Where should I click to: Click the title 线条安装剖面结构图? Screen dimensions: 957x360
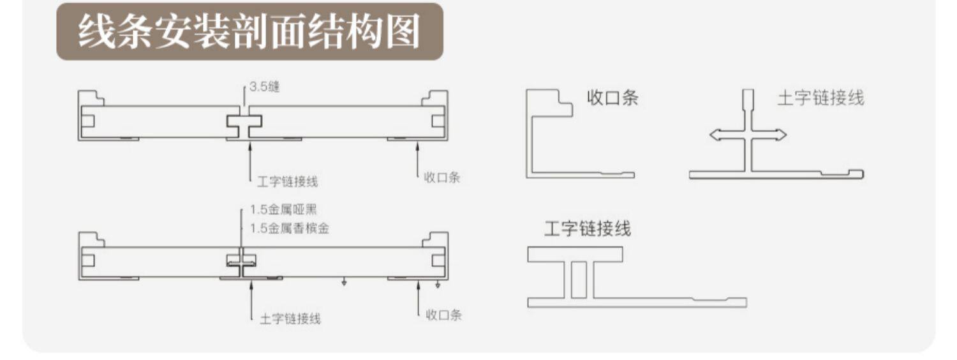(249, 32)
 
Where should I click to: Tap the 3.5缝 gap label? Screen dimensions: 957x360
(264, 87)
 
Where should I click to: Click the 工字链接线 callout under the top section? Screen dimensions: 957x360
(287, 182)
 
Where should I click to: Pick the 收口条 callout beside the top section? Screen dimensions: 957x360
(442, 178)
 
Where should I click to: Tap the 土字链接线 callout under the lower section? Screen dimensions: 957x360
(290, 319)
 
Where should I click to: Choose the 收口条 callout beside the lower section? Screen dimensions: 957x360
(444, 315)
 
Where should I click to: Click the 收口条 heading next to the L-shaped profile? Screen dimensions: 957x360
(612, 98)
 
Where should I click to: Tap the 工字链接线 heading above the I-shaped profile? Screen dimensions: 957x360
(587, 229)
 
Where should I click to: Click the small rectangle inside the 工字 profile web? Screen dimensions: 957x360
(577, 280)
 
